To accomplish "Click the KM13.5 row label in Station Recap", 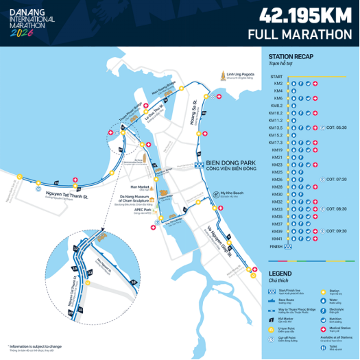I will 276,128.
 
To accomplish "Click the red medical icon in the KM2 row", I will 315,84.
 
